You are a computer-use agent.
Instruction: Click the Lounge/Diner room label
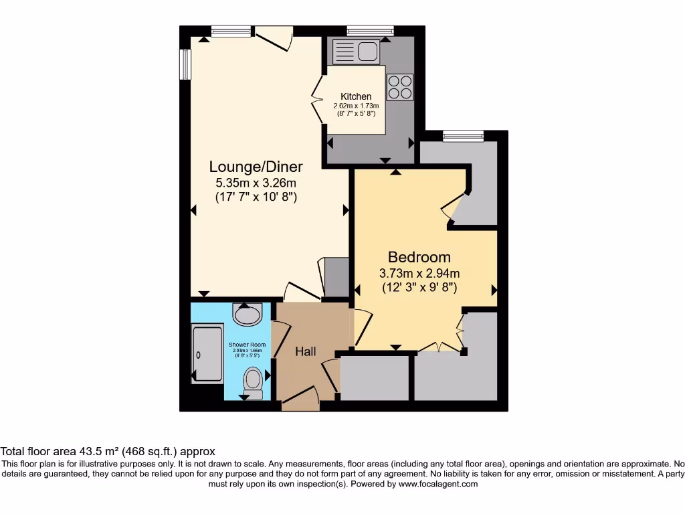click(x=256, y=167)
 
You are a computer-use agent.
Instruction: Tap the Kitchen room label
click(x=356, y=96)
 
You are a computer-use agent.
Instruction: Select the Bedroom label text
click(x=419, y=257)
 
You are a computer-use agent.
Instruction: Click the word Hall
click(x=306, y=351)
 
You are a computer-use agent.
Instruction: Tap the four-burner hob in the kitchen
click(x=400, y=86)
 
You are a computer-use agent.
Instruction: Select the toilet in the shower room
click(x=253, y=380)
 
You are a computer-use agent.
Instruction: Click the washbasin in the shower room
click(x=248, y=315)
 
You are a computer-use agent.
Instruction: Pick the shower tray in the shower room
click(x=207, y=354)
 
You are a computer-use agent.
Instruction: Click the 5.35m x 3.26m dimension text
click(x=256, y=183)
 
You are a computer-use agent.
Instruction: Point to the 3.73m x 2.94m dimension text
click(x=419, y=273)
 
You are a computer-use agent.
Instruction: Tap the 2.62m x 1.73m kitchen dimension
click(x=356, y=106)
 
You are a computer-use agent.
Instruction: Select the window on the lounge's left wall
click(x=185, y=65)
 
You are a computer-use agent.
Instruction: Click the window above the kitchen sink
click(x=370, y=30)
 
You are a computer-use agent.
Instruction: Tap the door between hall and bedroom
click(x=361, y=328)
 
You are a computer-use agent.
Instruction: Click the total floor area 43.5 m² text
click(x=108, y=452)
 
